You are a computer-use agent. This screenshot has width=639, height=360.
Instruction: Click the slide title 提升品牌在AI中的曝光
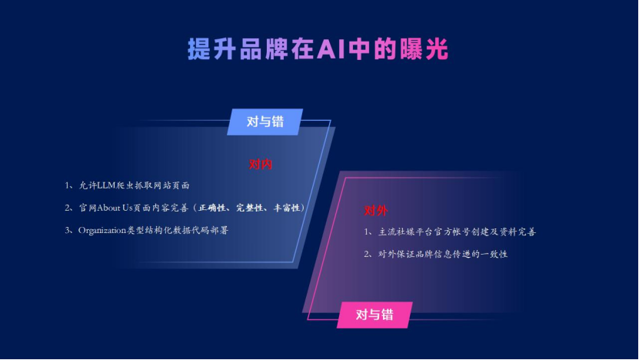[318, 48]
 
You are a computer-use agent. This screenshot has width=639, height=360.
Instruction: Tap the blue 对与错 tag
[265, 122]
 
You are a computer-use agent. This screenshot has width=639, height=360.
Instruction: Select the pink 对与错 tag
[374, 314]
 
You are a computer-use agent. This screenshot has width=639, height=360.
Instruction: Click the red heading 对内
[261, 165]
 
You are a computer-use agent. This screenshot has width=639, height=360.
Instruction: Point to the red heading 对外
[376, 211]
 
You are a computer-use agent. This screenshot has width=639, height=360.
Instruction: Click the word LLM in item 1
[105, 185]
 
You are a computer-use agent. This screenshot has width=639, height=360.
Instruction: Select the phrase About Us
[115, 208]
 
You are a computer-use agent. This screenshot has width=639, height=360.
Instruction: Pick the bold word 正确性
[213, 208]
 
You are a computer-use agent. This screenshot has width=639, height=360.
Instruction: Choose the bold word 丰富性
[288, 208]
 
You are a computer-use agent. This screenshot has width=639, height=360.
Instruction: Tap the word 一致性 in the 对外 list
[494, 254]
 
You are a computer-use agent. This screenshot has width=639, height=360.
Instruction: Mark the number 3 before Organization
[68, 230]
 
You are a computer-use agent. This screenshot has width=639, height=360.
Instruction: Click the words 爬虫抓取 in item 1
[141, 185]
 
